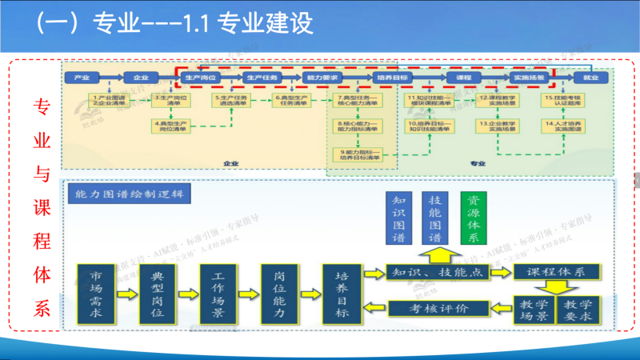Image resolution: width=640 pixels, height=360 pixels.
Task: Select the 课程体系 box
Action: coord(557,272)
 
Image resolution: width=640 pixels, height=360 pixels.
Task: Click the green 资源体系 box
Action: coord(474,217)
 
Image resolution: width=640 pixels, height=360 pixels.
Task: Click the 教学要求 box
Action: coord(577,310)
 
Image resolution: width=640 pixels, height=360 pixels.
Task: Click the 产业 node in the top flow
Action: coord(82,78)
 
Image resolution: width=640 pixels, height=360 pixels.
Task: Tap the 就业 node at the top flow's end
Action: coord(590,78)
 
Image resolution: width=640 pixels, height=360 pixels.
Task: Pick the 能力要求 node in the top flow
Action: coord(323,78)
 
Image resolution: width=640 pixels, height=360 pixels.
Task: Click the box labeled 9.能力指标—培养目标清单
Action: coord(358,154)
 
